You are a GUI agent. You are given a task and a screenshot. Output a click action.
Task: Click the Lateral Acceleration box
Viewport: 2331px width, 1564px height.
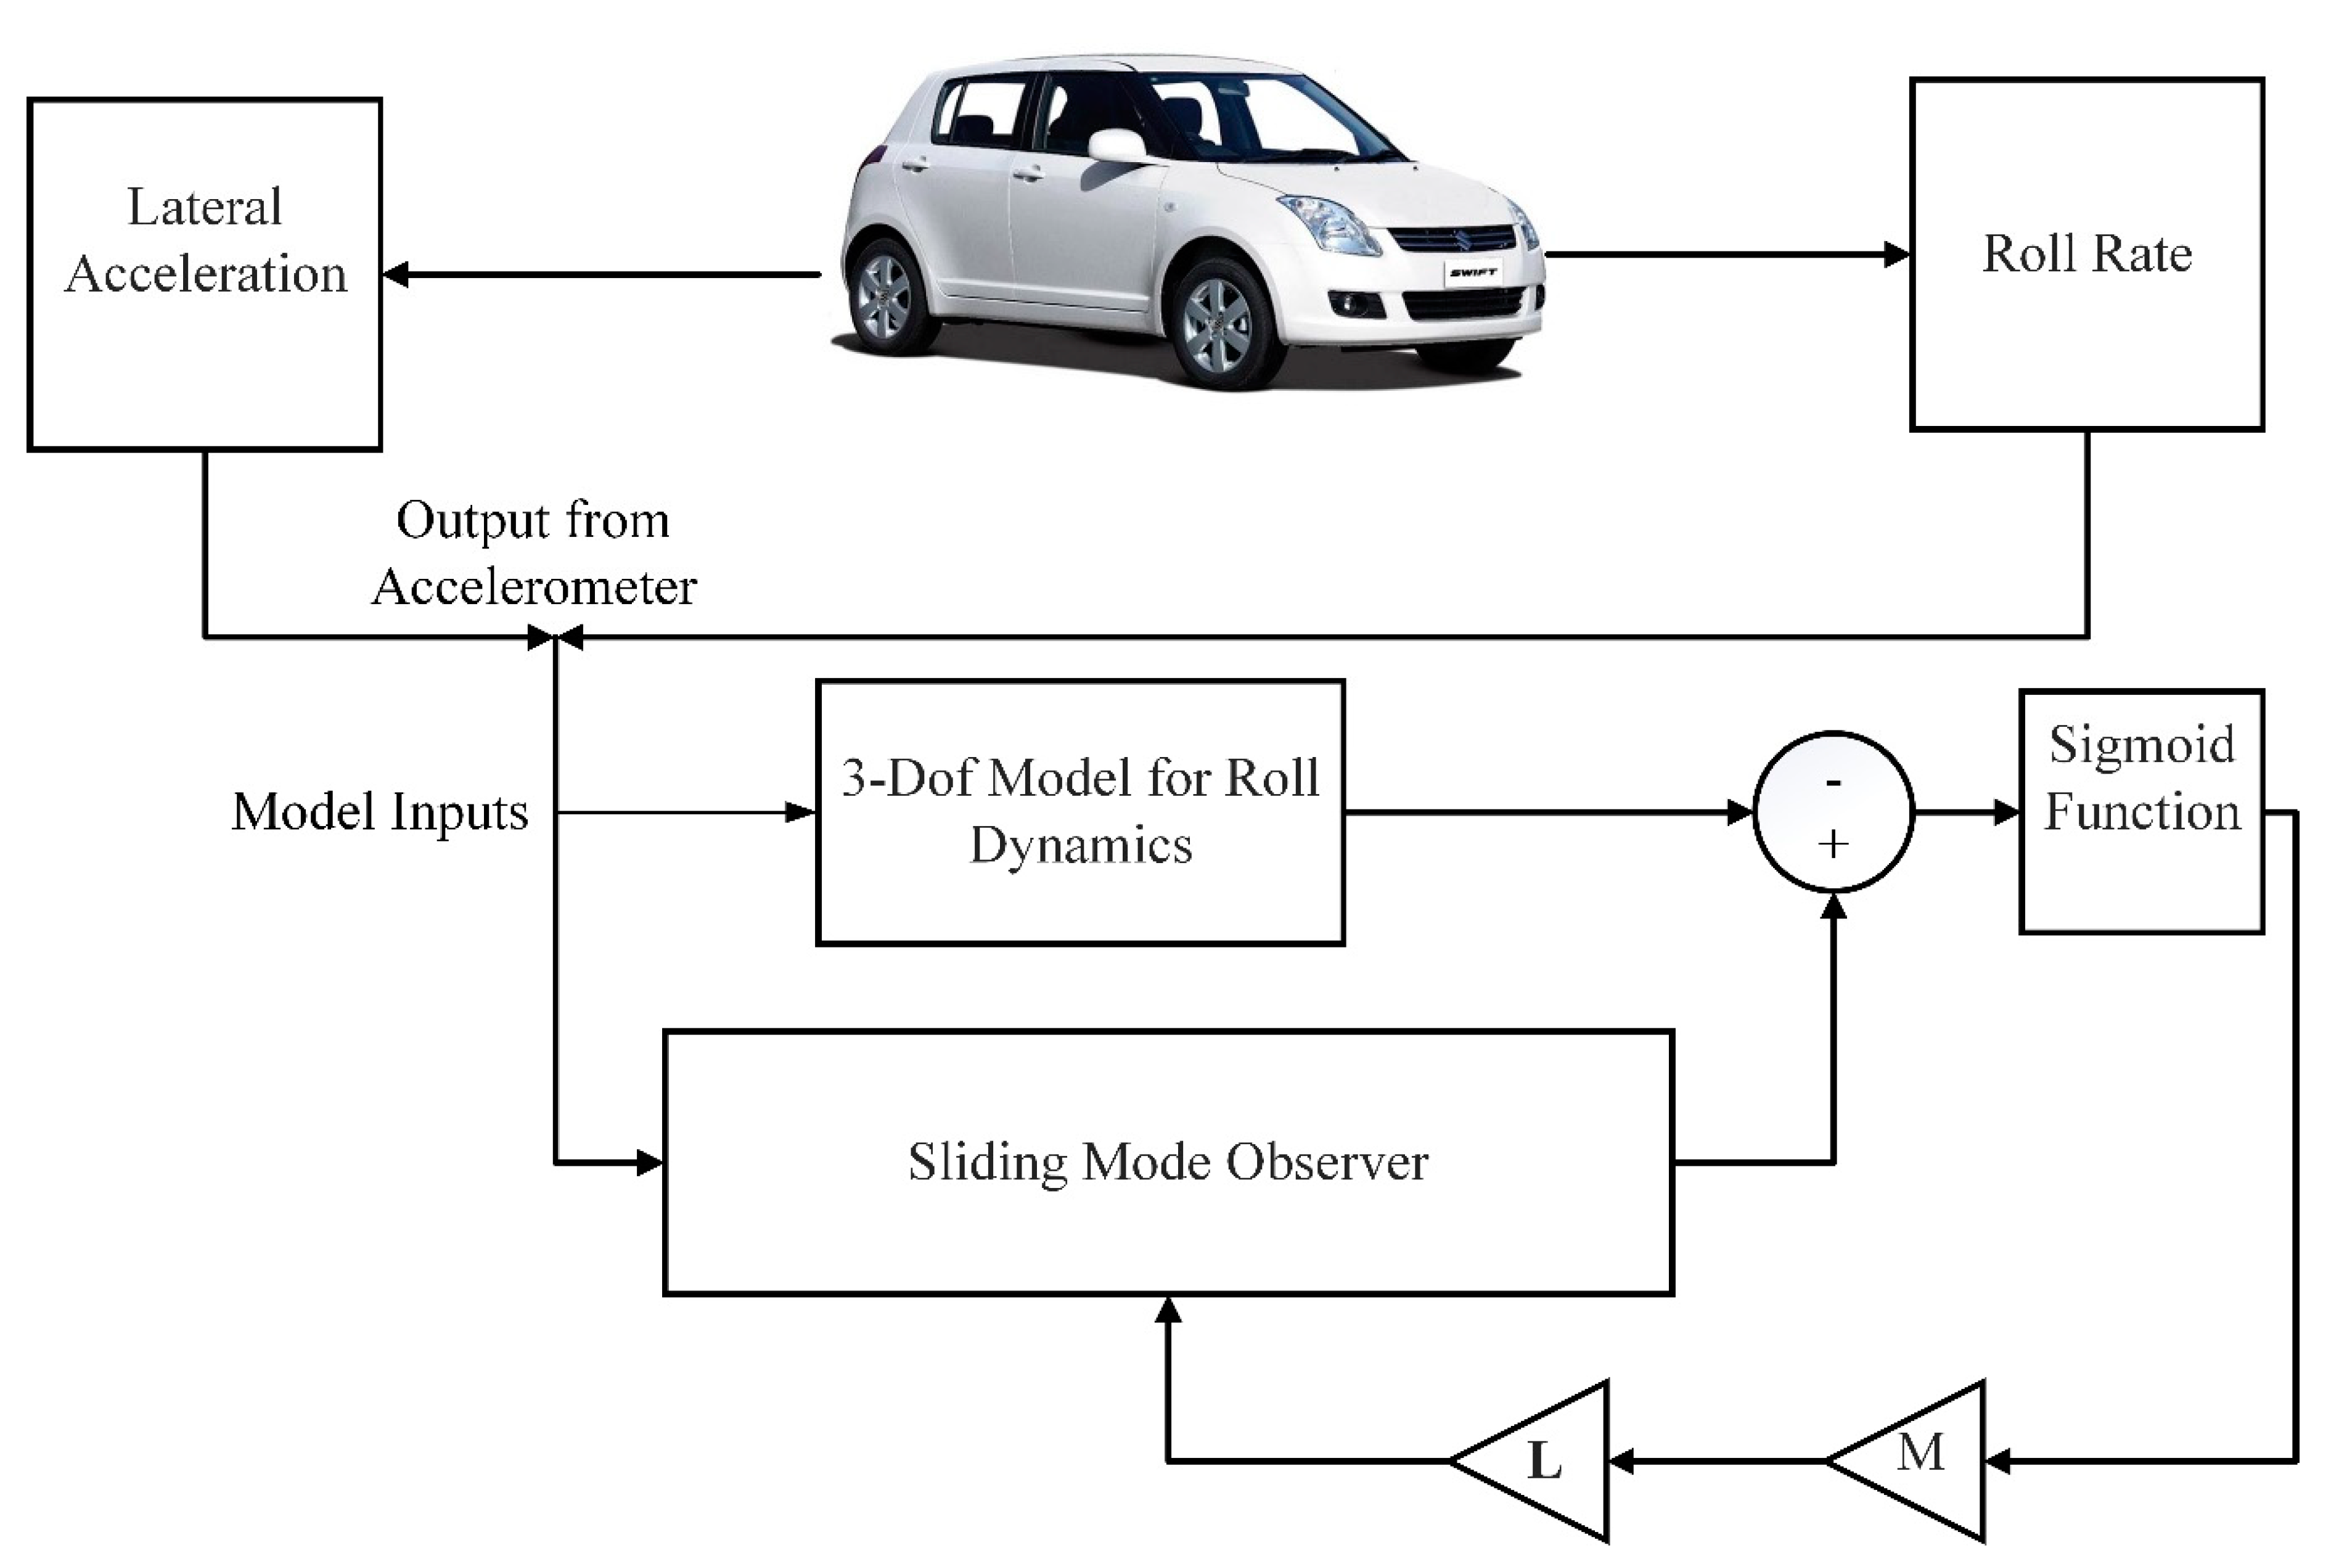pyautogui.click(x=205, y=274)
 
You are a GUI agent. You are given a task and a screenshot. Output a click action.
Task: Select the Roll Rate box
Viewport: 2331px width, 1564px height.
pyautogui.click(x=2087, y=255)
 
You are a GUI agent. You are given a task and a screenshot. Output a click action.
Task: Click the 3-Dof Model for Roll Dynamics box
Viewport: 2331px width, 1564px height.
pyautogui.click(x=1080, y=812)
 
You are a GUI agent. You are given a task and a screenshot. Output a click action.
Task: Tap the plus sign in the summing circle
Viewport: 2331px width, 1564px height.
pyautogui.click(x=1833, y=845)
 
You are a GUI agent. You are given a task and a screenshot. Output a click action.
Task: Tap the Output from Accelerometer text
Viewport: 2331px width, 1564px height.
pyautogui.click(x=534, y=554)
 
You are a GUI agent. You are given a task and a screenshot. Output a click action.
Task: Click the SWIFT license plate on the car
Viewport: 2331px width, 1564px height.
pyautogui.click(x=1472, y=272)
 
